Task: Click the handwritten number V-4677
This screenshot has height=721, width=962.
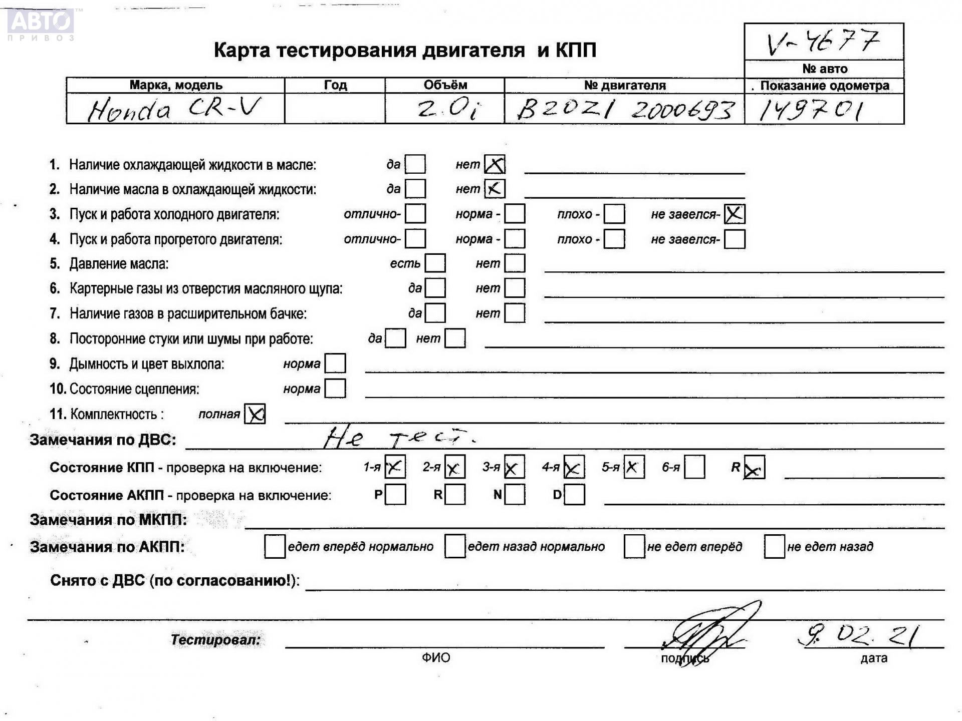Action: (823, 42)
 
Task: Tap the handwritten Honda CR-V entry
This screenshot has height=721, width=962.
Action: (174, 109)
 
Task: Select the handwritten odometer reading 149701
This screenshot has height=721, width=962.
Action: (810, 110)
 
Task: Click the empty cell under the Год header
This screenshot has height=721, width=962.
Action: (334, 109)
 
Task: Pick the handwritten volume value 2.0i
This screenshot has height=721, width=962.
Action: (447, 109)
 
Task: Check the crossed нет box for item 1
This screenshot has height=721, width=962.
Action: (495, 164)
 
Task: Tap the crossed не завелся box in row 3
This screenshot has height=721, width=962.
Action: (734, 214)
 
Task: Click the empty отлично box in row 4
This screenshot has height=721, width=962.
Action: (415, 239)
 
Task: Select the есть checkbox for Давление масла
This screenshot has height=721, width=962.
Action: (435, 263)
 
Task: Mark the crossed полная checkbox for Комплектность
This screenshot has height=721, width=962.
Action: (255, 414)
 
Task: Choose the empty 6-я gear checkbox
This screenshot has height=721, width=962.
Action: (694, 467)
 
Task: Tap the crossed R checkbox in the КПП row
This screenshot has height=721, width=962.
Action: (754, 468)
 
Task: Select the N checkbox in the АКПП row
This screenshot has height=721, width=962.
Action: (515, 495)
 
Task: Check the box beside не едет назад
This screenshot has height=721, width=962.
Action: (774, 546)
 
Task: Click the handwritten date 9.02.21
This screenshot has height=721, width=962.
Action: (858, 636)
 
